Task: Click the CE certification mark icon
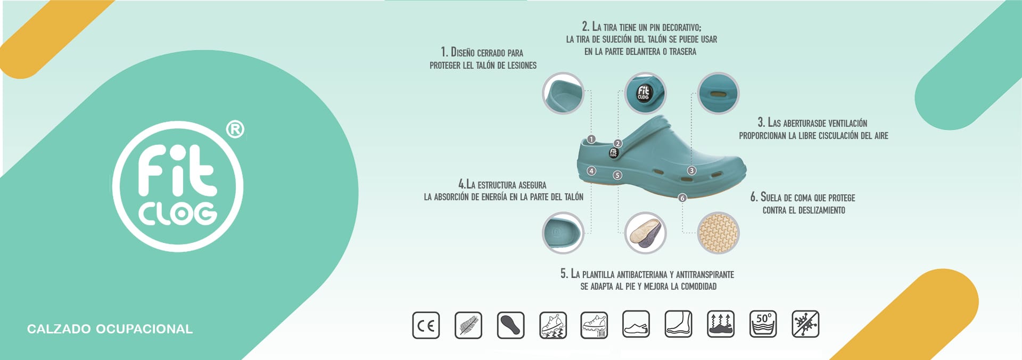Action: pos(426,325)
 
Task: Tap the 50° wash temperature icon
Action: pos(763,324)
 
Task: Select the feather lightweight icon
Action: pos(468,325)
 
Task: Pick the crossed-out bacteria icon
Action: pos(805,324)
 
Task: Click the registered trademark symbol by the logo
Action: pos(235,129)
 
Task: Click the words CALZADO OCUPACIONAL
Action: pos(110,329)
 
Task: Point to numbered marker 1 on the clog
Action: pos(591,140)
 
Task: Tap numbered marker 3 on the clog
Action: pos(691,170)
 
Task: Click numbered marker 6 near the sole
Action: pos(682,198)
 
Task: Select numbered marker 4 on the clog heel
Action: pos(591,171)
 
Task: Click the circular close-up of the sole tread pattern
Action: pos(719,233)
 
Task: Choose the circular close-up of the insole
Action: pos(645,233)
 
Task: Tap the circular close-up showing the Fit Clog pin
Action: pos(645,93)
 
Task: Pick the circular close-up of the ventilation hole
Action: pos(719,93)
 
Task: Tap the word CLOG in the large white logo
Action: pos(178,213)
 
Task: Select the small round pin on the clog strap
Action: pos(613,153)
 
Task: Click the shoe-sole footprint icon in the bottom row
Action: pos(510,325)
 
